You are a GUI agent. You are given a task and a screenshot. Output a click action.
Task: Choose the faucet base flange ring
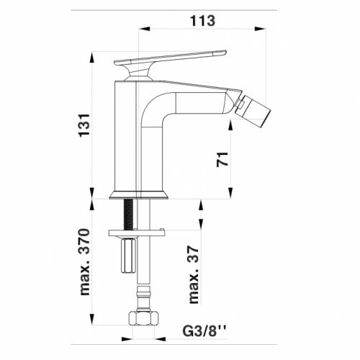(x=139, y=194)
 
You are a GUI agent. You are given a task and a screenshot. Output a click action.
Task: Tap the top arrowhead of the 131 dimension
(x=94, y=55)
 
